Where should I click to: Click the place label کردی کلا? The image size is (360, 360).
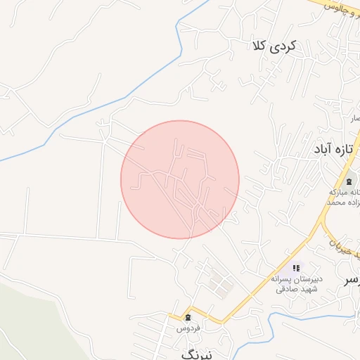coord(274,46)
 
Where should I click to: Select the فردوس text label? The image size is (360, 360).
coord(188,328)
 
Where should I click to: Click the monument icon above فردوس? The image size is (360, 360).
coord(188,318)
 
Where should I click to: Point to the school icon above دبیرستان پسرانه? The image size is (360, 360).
coord(296,268)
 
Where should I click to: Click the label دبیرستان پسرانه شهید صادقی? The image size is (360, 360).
coord(295,283)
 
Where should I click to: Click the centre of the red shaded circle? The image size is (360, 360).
coord(180,179)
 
